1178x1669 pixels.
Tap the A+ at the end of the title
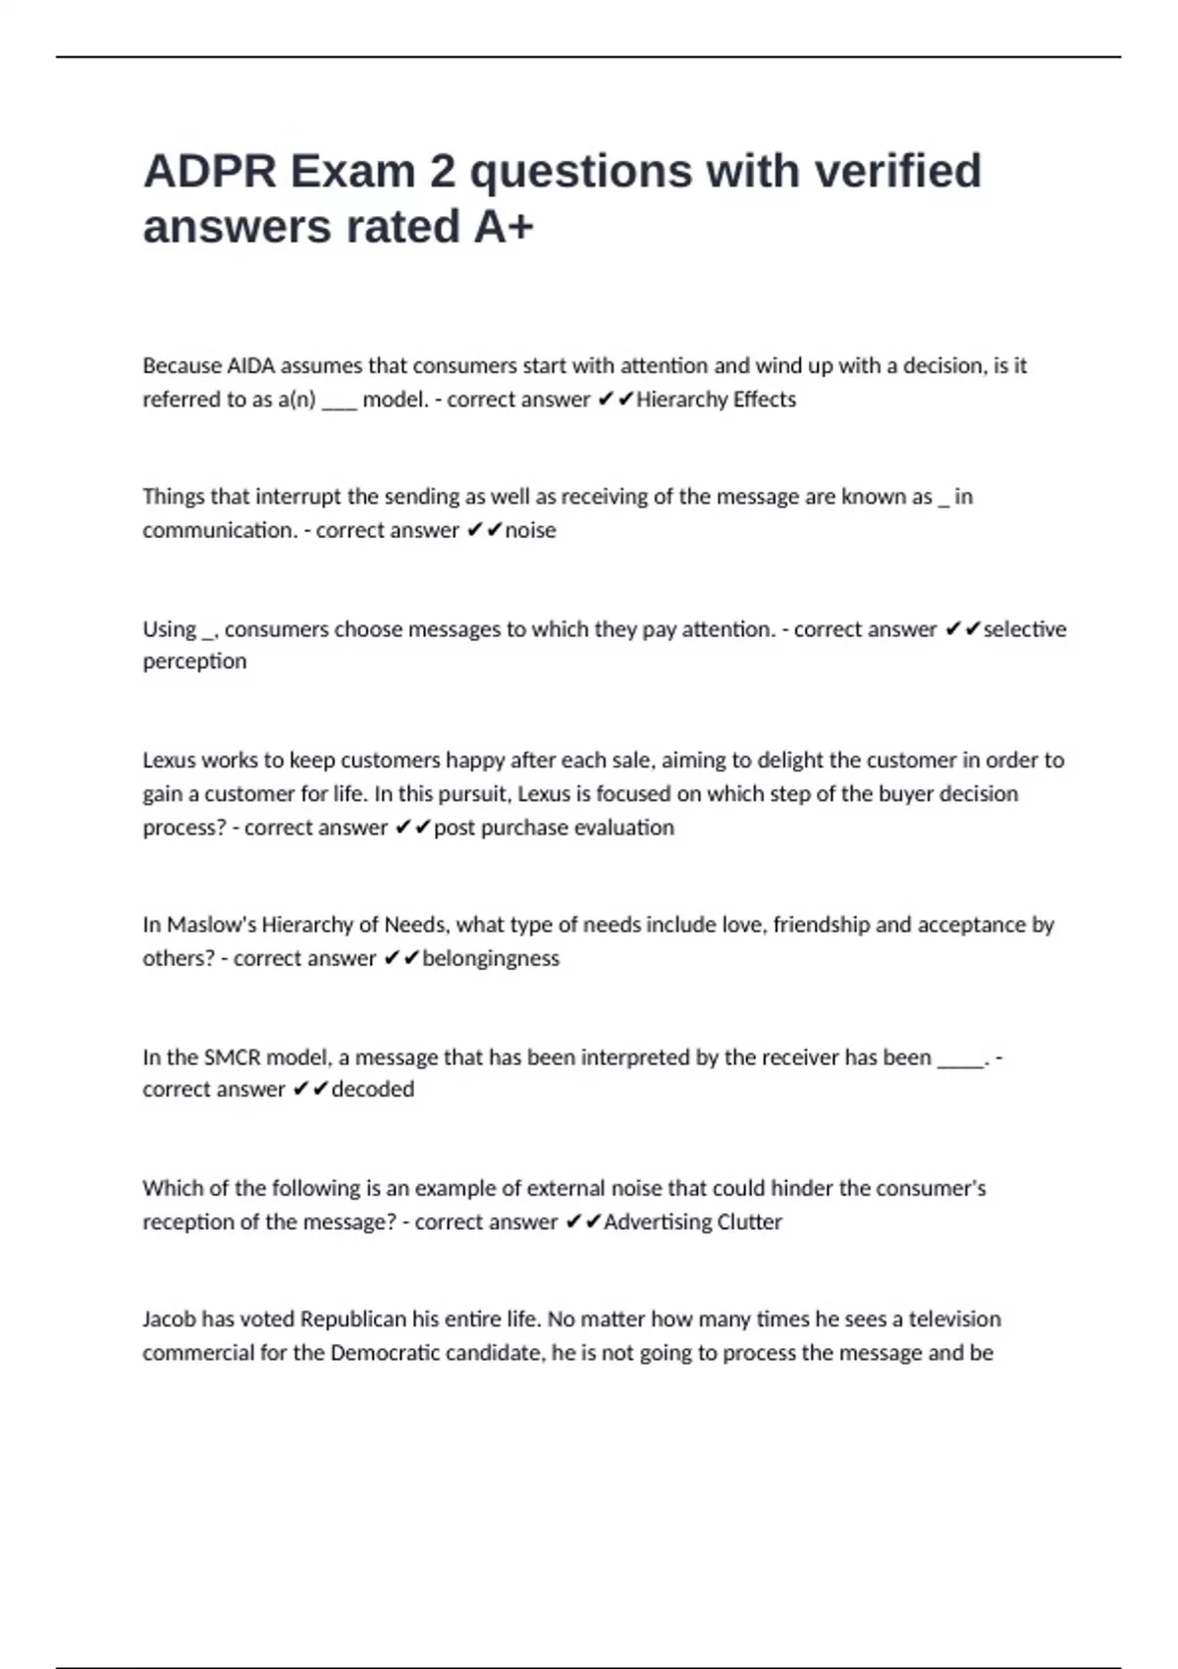pyautogui.click(x=504, y=227)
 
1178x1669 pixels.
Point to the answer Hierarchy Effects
pyautogui.click(x=716, y=400)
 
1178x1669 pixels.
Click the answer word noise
pyautogui.click(x=530, y=530)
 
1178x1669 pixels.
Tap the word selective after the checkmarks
pyautogui.click(x=1025, y=629)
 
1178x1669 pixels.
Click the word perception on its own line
pyautogui.click(x=194, y=662)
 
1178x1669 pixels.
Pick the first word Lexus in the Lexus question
pyautogui.click(x=170, y=760)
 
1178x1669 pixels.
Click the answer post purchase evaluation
pyautogui.click(x=554, y=828)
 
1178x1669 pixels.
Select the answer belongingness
pyautogui.click(x=491, y=958)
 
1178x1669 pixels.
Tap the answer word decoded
pyautogui.click(x=373, y=1090)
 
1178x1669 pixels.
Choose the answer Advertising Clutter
pyautogui.click(x=693, y=1222)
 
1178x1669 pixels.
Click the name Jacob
pyautogui.click(x=169, y=1319)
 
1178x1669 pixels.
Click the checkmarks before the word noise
pyautogui.click(x=484, y=530)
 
